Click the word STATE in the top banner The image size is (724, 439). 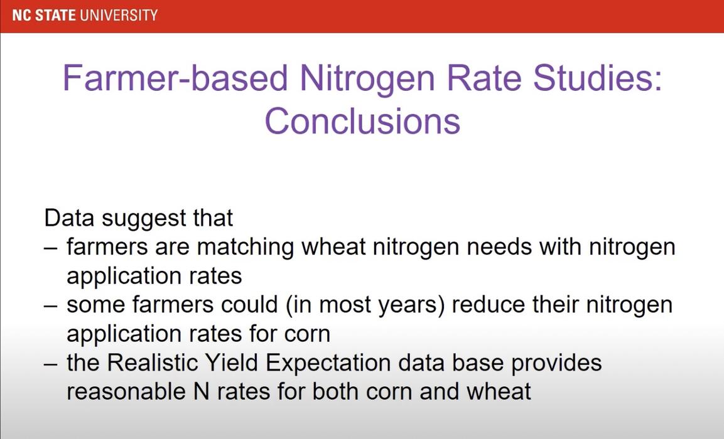[x=55, y=14]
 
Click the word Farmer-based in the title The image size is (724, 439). [x=175, y=80]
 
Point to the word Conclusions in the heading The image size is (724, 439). [x=362, y=120]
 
